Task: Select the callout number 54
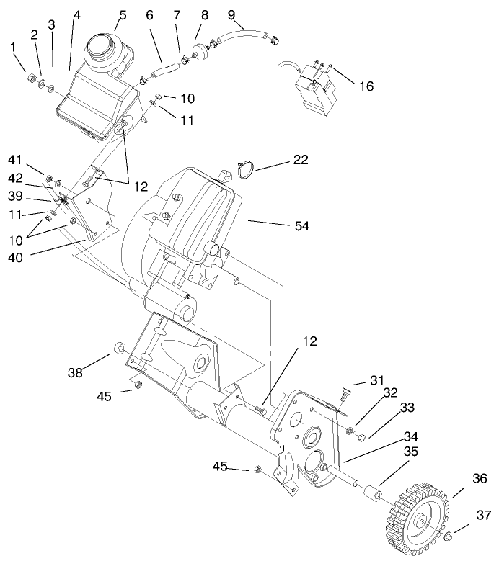click(301, 226)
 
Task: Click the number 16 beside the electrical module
click(366, 86)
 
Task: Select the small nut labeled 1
click(31, 76)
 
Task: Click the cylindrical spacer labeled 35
click(373, 496)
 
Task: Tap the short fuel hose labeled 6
click(163, 71)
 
